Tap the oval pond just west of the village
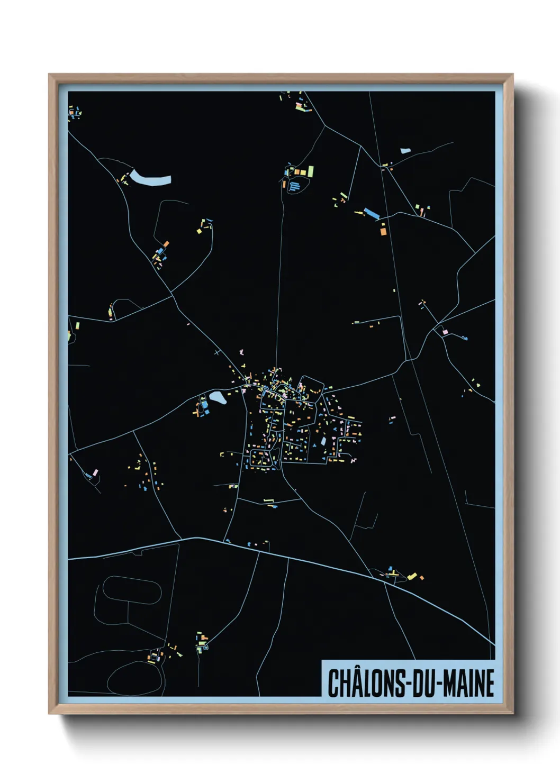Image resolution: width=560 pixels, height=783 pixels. (218, 397)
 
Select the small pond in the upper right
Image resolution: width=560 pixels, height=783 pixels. (405, 151)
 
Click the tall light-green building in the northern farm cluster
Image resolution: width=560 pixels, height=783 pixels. (311, 171)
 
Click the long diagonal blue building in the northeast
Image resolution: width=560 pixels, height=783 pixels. (372, 214)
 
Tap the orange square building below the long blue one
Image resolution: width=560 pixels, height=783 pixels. (382, 230)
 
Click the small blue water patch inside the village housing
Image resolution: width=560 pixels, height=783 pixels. (323, 441)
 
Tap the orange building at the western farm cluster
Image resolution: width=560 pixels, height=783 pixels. (166, 244)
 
